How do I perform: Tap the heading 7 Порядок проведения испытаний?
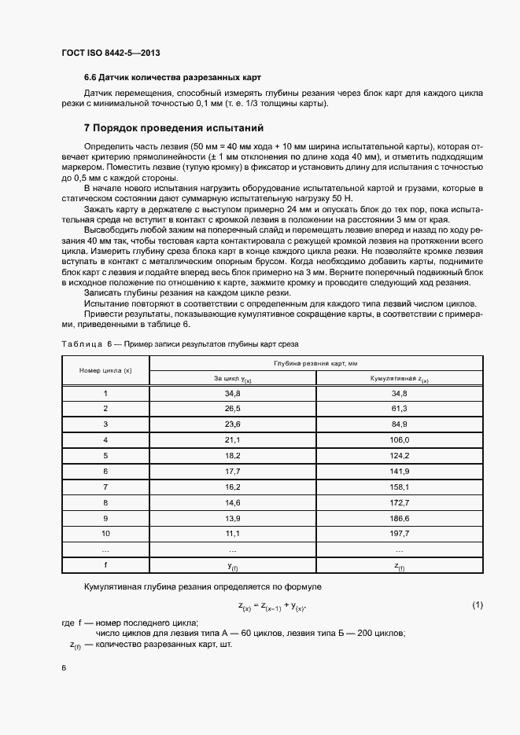click(x=173, y=127)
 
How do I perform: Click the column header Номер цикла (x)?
click(x=105, y=369)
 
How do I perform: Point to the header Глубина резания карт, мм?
click(x=315, y=362)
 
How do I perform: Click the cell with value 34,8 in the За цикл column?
click(x=232, y=392)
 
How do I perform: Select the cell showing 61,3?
click(x=399, y=409)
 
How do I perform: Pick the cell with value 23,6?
click(x=232, y=424)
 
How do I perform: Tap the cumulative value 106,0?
click(x=399, y=439)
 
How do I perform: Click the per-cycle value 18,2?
click(x=232, y=455)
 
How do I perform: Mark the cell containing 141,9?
click(x=399, y=471)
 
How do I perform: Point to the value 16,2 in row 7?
click(x=232, y=487)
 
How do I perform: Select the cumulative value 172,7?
click(x=399, y=502)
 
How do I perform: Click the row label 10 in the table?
click(x=105, y=533)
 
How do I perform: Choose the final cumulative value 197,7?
click(x=399, y=533)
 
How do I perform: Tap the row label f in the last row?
click(x=105, y=565)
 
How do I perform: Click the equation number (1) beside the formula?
click(x=477, y=605)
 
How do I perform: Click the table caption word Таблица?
click(x=81, y=344)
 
